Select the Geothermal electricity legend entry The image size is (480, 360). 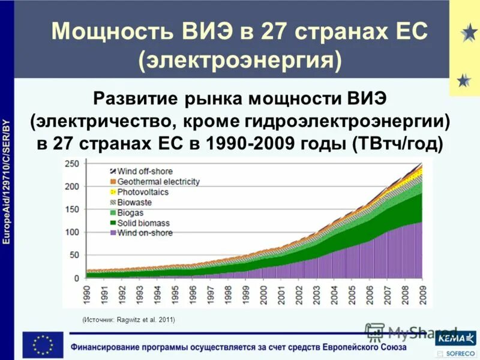tap(158, 181)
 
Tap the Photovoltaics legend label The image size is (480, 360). tap(143, 192)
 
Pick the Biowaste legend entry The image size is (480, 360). tap(134, 202)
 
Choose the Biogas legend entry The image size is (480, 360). tap(131, 212)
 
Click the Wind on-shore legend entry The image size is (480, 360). tap(145, 233)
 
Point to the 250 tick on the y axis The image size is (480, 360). tap(71, 164)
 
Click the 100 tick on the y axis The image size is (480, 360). tap(71, 232)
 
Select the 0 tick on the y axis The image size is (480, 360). tap(76, 278)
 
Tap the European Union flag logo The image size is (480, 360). tap(43, 345)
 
